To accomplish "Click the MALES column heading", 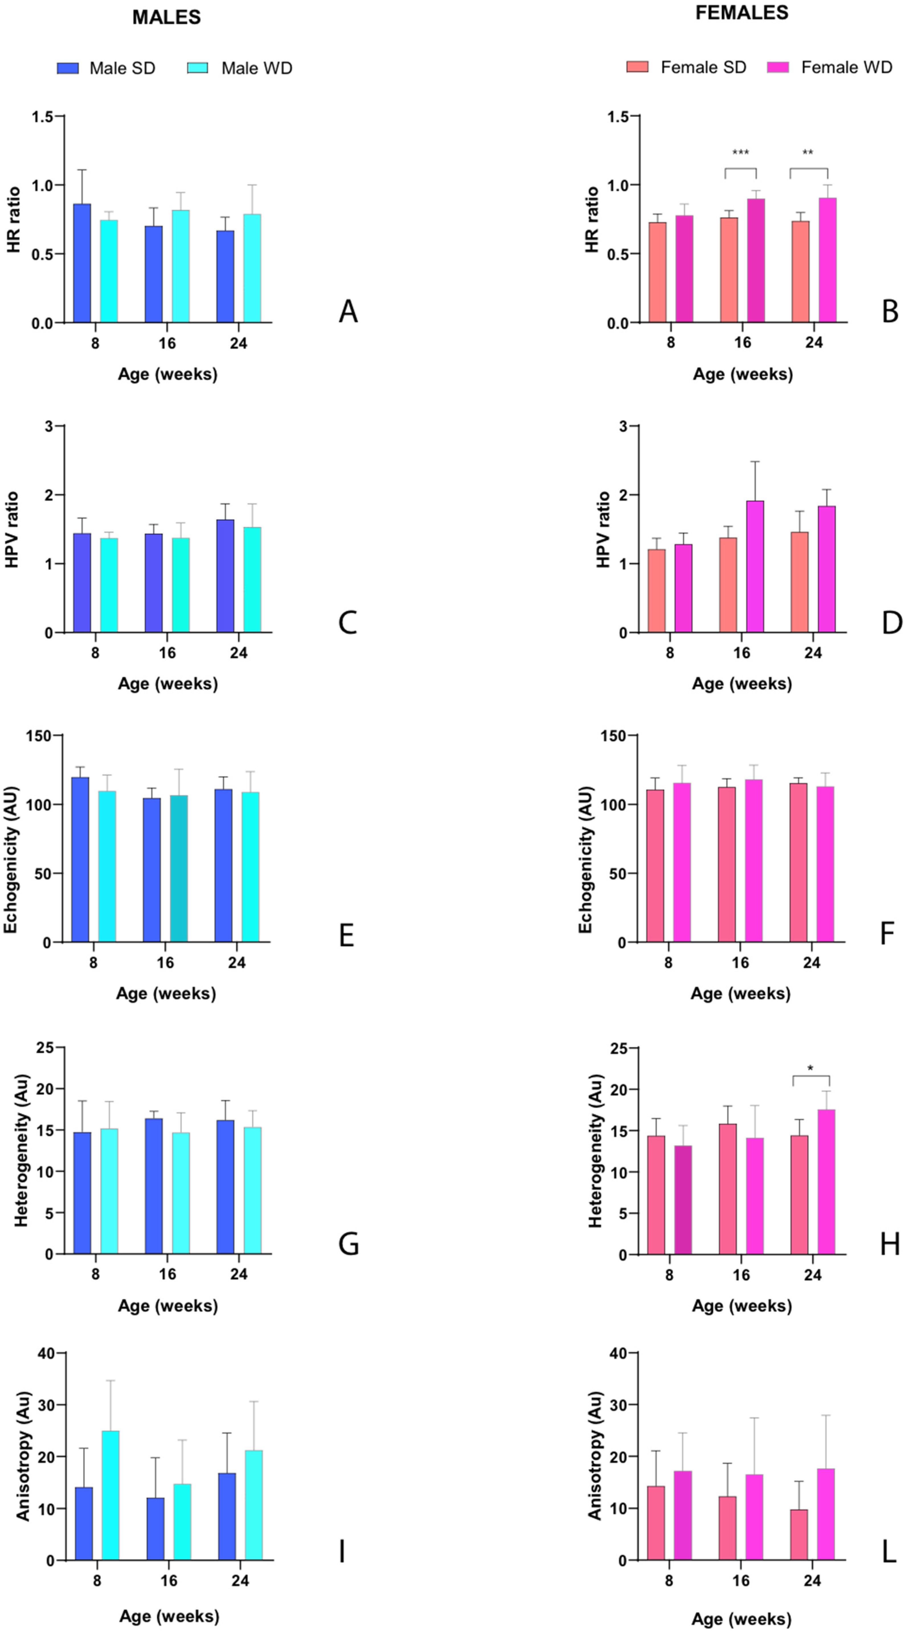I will [166, 17].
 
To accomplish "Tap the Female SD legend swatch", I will [637, 67].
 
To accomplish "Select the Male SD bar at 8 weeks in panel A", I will [82, 263].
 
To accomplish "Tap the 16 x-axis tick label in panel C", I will [167, 653].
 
